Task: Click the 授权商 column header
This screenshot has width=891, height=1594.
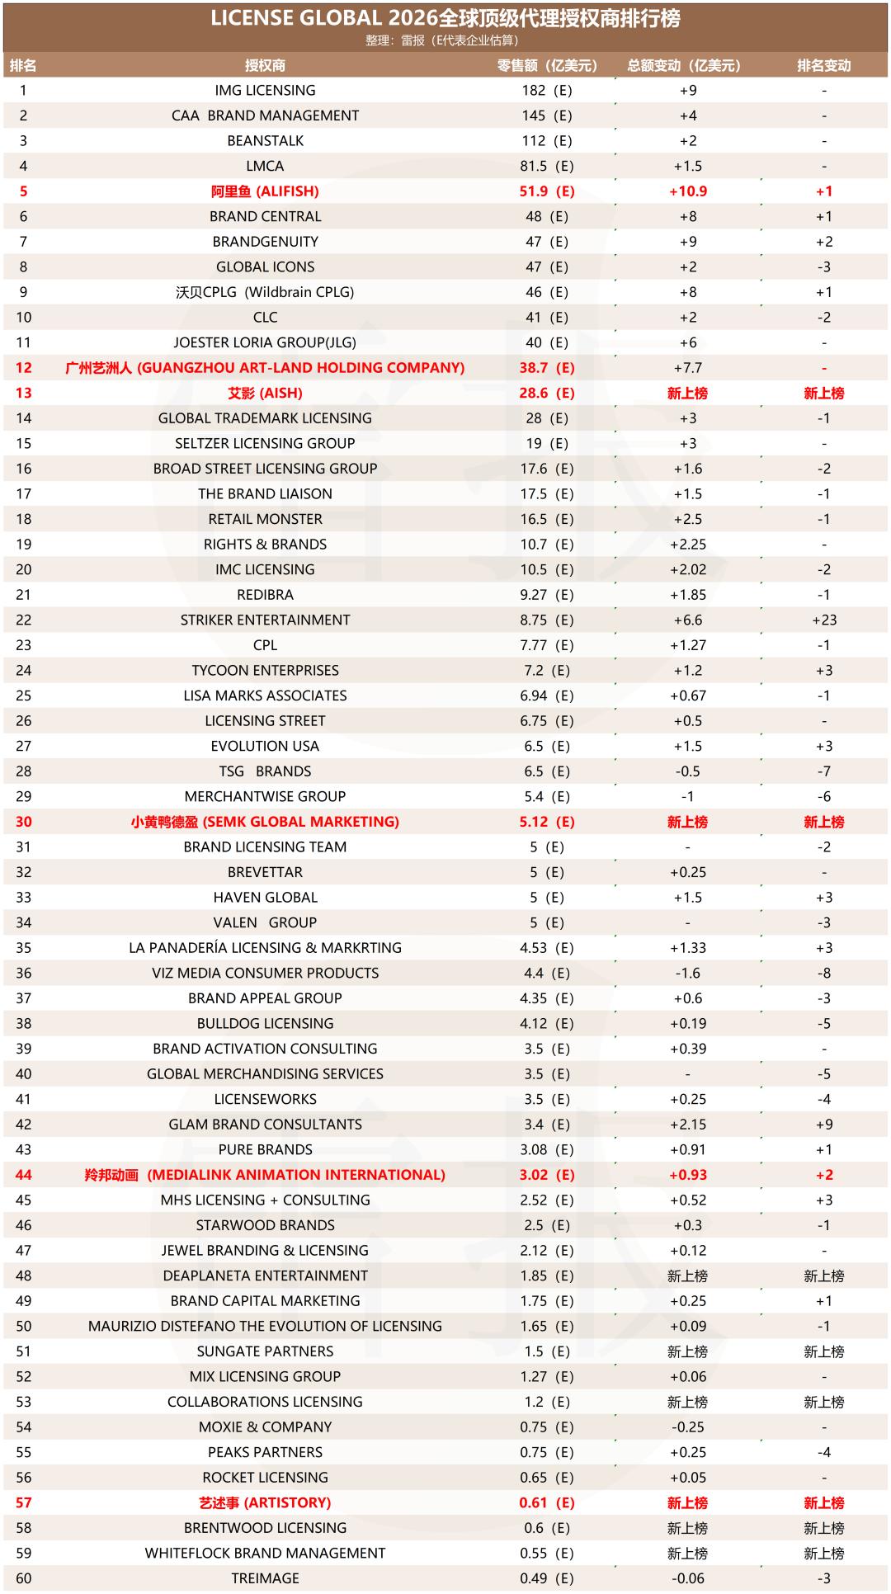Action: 265,65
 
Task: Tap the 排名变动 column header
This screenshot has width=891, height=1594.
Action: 823,65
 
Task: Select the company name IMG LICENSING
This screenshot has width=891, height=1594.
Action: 265,90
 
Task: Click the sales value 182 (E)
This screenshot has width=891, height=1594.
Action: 546,90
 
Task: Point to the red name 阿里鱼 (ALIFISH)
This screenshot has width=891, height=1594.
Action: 265,191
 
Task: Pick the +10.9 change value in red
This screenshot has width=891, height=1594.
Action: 687,191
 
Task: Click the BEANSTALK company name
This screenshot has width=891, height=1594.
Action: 265,140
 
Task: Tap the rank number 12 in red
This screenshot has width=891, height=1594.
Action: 23,368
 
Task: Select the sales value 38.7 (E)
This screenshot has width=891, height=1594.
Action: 546,368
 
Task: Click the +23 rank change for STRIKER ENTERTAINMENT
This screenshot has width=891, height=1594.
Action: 823,620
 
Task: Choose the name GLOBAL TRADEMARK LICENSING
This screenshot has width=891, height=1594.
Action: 265,418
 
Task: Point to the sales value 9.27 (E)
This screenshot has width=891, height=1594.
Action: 546,595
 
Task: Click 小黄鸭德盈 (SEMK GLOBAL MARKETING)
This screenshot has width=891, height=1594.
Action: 265,822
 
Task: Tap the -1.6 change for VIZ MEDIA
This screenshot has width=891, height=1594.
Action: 687,973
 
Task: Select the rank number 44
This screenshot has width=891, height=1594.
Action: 23,1175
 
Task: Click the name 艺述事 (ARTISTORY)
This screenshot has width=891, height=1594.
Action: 265,1502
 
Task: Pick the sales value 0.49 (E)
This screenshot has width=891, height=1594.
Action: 546,1578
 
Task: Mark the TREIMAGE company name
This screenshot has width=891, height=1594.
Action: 265,1578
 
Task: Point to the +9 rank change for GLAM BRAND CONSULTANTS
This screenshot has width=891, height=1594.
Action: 823,1125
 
